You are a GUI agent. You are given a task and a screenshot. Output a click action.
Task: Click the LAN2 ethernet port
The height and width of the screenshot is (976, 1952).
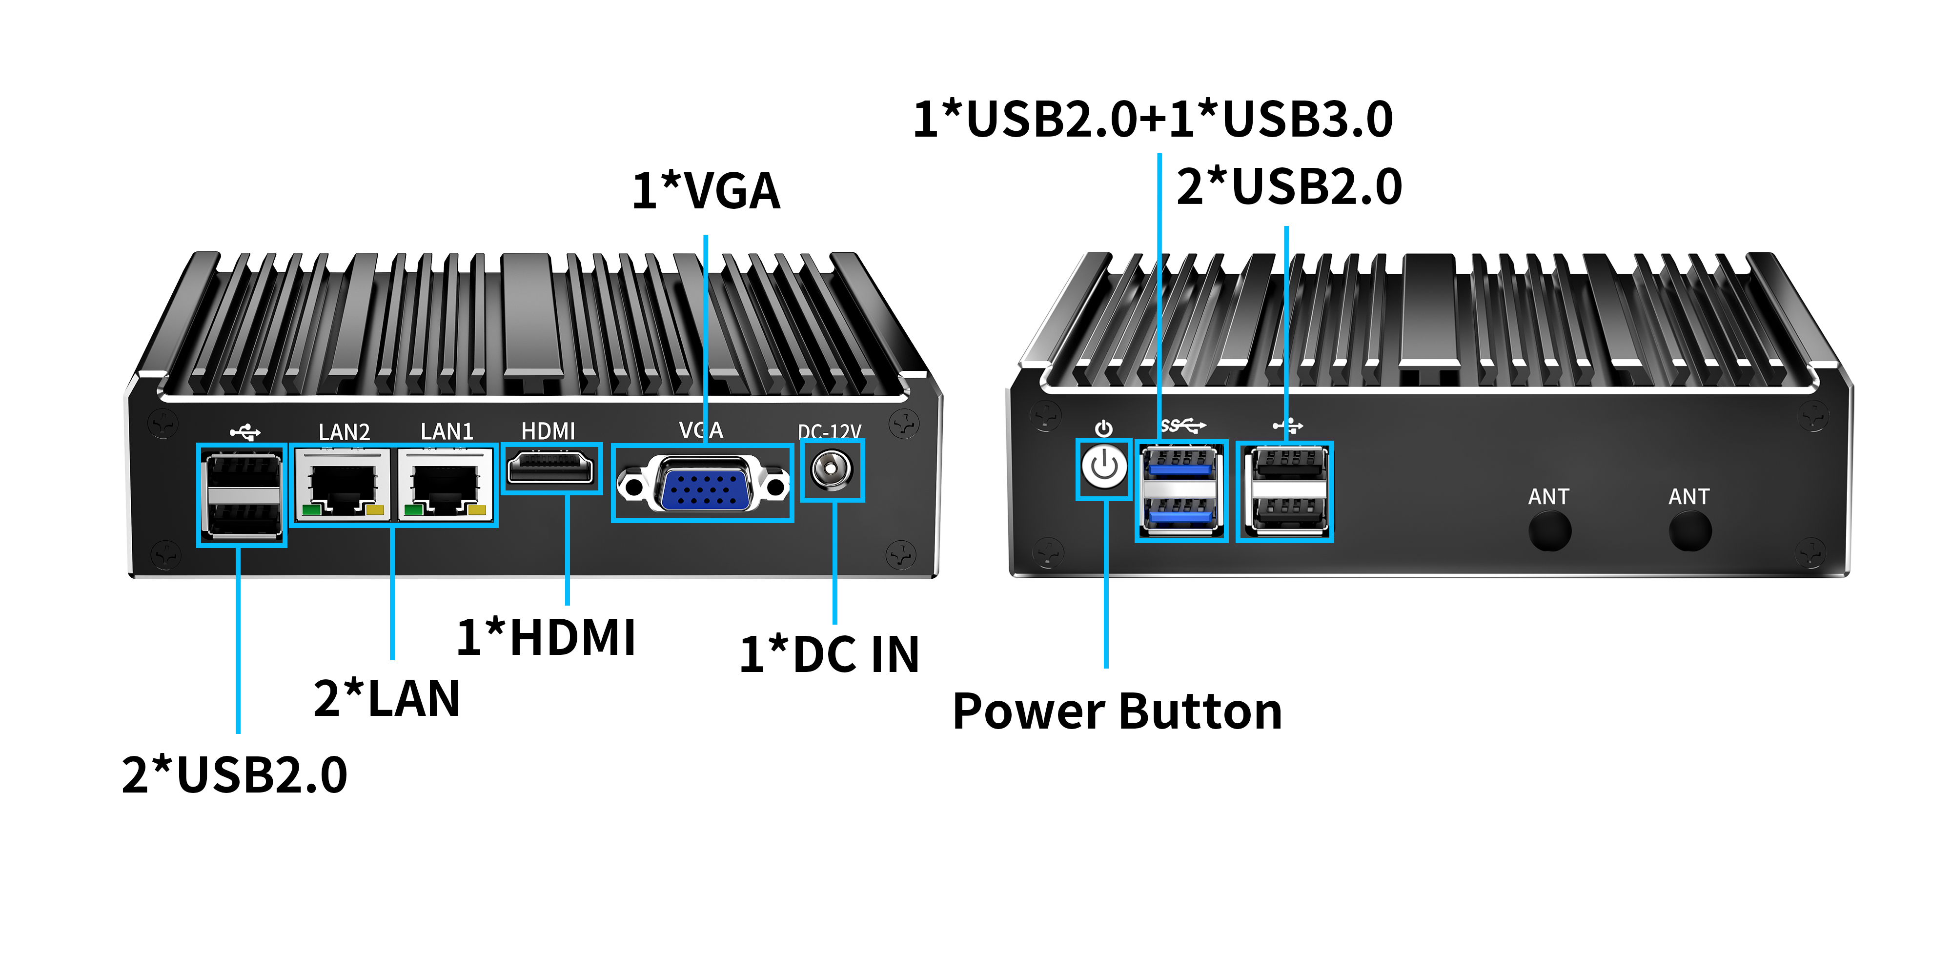tap(343, 485)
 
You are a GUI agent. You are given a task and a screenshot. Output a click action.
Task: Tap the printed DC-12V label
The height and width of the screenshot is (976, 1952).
tap(829, 432)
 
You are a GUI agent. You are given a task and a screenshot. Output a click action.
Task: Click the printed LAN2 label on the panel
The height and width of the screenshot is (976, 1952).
tap(344, 432)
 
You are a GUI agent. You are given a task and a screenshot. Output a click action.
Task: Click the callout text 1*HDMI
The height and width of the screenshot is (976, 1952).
tap(546, 637)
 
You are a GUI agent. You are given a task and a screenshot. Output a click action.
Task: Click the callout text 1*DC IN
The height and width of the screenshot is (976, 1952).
tap(829, 655)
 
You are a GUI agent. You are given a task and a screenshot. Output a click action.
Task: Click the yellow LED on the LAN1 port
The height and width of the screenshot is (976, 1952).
tap(477, 510)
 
